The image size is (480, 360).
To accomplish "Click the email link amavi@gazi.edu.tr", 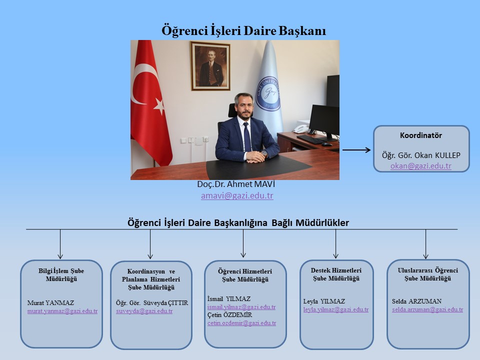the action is [x=237, y=195].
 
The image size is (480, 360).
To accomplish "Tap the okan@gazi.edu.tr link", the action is [x=421, y=166].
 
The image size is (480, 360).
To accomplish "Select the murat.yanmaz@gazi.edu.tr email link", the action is [x=62, y=311].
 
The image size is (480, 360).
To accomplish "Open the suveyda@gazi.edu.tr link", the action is [x=144, y=311].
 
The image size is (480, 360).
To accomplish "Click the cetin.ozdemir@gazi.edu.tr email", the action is [x=241, y=323].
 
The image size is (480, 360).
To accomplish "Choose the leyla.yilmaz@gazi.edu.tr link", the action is [x=336, y=309].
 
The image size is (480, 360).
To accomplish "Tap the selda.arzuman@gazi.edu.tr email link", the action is [x=427, y=309].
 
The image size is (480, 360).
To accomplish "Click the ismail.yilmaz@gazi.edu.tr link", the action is [x=241, y=307].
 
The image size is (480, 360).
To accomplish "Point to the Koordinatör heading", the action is [x=421, y=135].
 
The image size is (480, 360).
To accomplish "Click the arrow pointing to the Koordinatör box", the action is [x=356, y=150].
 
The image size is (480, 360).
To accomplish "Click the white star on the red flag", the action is [x=159, y=106].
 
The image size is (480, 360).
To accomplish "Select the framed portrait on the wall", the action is [x=210, y=66].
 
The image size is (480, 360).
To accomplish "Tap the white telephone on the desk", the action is [x=301, y=129].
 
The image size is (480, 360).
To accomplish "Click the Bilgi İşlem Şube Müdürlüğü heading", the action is [x=61, y=275].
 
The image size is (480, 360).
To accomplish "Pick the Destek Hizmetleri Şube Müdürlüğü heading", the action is [x=336, y=274].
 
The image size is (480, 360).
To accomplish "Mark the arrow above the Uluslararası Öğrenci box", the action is [x=425, y=244].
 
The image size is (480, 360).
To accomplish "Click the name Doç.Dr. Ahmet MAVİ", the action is [x=236, y=184].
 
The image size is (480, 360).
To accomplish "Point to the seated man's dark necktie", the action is [x=246, y=137].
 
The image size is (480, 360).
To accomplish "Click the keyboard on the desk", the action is [x=310, y=139].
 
